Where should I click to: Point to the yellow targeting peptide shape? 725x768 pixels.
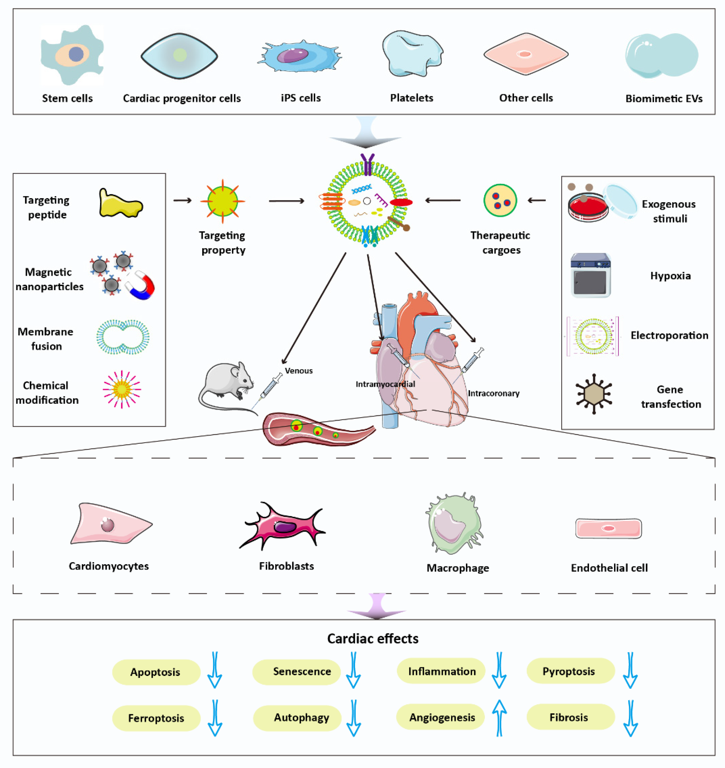pyautogui.click(x=120, y=204)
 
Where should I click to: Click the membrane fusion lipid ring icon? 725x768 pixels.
pyautogui.click(x=123, y=337)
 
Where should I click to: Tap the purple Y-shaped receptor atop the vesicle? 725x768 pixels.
pyautogui.click(x=367, y=164)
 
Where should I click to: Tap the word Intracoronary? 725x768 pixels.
pyautogui.click(x=494, y=393)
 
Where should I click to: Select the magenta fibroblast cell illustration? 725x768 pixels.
pyautogui.click(x=283, y=526)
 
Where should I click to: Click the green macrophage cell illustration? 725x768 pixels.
pyautogui.click(x=455, y=523)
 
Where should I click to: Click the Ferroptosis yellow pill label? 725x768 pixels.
pyautogui.click(x=156, y=718)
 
